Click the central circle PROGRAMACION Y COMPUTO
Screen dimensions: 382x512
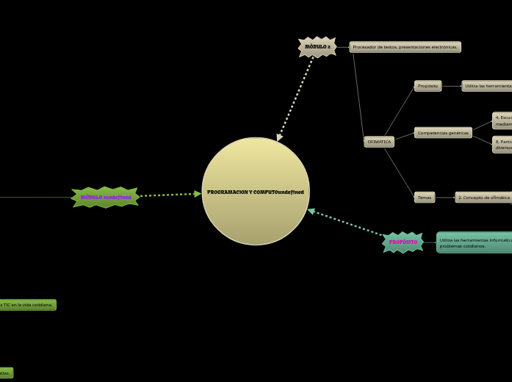coord(256,191)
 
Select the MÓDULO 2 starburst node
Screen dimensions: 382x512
coord(317,47)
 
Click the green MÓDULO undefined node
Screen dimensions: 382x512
coord(105,197)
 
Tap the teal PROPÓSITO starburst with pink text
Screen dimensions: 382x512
coord(403,242)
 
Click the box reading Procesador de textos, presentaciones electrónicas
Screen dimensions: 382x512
coord(405,47)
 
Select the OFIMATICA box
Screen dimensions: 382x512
coord(379,142)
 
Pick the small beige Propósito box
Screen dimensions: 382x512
coord(428,86)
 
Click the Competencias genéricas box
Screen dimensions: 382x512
coord(443,133)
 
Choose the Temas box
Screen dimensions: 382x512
coord(425,198)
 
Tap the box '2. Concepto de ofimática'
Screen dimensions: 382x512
coord(483,198)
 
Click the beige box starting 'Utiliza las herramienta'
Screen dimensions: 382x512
coord(486,86)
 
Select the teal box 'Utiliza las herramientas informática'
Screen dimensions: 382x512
coord(474,242)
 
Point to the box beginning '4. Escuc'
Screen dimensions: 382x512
coord(502,120)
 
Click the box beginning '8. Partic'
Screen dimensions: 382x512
coord(502,145)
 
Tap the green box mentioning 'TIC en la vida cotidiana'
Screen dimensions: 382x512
coord(27,305)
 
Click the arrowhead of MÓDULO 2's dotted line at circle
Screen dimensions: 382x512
coord(279,137)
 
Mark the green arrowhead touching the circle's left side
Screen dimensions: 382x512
coord(198,194)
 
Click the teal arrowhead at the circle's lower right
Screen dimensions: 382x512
coord(311,211)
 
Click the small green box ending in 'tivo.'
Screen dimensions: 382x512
coord(6,372)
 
